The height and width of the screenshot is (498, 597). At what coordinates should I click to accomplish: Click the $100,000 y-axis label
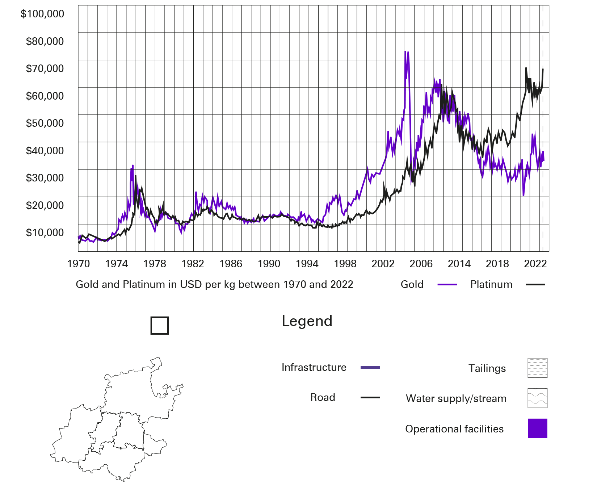42,14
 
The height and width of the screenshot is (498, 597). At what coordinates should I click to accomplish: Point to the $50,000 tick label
45,124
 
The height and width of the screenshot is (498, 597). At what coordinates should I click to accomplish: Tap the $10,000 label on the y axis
45,233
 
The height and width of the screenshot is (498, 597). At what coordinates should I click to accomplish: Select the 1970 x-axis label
79,264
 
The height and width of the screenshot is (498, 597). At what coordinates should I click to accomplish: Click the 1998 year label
345,264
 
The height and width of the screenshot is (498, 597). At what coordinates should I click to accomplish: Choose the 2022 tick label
535,264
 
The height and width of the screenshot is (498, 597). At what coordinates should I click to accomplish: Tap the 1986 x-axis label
231,264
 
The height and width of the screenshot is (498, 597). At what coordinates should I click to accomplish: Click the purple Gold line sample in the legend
447,285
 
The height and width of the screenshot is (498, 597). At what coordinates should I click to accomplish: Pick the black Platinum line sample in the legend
535,285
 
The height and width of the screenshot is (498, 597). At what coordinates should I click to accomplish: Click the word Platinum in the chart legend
491,285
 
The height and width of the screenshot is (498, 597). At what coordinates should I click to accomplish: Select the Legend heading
307,321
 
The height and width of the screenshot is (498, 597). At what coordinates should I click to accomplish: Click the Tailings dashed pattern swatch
537,368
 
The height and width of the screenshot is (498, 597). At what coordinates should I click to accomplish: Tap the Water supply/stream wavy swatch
537,398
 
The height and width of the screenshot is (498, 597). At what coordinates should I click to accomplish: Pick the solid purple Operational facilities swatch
537,428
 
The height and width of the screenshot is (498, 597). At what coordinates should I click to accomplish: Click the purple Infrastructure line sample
370,368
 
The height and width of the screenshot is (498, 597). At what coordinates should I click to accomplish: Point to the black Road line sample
370,398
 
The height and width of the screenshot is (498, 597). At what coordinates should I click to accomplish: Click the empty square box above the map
160,326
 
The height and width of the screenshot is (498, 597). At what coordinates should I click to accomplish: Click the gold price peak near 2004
408,53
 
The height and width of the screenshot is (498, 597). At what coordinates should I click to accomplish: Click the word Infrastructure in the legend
314,368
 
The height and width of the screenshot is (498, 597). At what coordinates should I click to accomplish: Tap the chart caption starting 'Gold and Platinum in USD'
214,285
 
